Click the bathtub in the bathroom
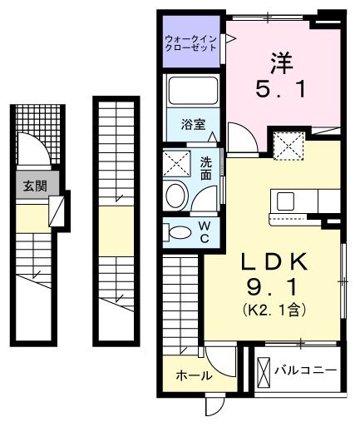[192, 92]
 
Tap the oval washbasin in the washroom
[176, 196]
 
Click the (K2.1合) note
[274, 310]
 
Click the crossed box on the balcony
[264, 369]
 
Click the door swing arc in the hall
[218, 360]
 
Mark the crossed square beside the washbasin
[176, 161]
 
